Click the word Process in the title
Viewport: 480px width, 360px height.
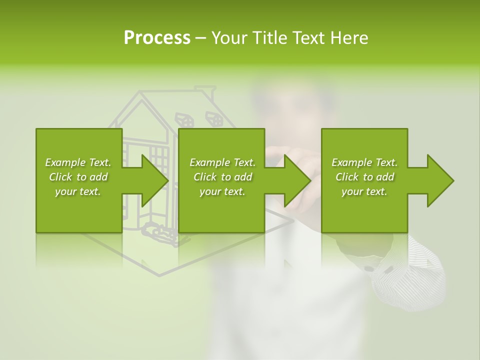pos(157,38)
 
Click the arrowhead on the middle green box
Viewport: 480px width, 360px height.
pos(296,180)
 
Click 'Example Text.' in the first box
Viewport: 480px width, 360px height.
pos(78,162)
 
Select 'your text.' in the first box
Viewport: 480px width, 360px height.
pos(78,191)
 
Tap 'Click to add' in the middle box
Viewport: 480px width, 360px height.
pos(222,177)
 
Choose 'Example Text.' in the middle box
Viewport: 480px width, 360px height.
pos(222,162)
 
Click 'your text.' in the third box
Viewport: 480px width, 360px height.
pos(364,191)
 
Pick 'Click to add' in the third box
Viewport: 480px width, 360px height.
pos(364,177)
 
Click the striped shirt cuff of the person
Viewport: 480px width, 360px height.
pos(410,275)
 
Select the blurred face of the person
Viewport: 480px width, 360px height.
pos(290,105)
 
